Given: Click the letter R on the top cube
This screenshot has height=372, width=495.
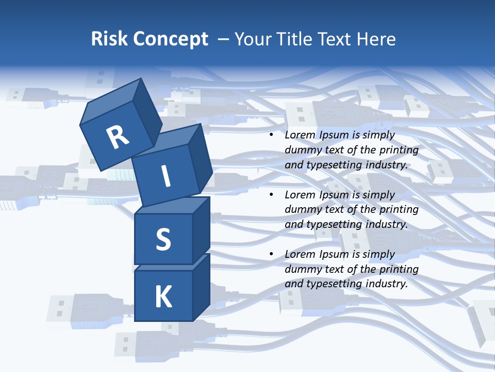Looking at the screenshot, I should click(x=118, y=137).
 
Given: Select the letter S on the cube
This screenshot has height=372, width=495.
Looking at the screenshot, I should click(x=163, y=239).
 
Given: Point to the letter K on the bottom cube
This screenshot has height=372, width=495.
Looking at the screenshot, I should click(x=163, y=297).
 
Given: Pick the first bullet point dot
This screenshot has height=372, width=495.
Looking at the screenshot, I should click(x=272, y=135).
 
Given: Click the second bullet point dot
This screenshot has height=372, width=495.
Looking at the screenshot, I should click(x=272, y=195).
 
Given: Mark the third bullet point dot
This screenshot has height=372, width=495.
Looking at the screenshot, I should click(x=272, y=255).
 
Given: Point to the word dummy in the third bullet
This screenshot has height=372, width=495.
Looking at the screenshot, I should click(x=302, y=269).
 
